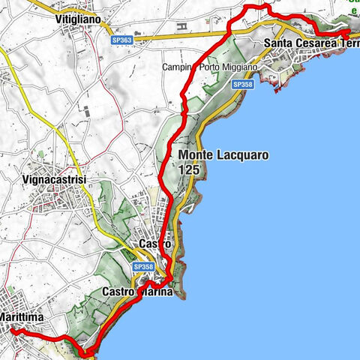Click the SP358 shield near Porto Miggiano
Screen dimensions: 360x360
(x=242, y=85)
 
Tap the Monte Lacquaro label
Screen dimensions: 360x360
(x=223, y=156)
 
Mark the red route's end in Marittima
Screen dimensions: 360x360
(x=11, y=331)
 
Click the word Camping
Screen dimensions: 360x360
(x=180, y=67)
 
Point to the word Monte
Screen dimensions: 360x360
(x=199, y=156)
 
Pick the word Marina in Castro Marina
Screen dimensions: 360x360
(x=155, y=292)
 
